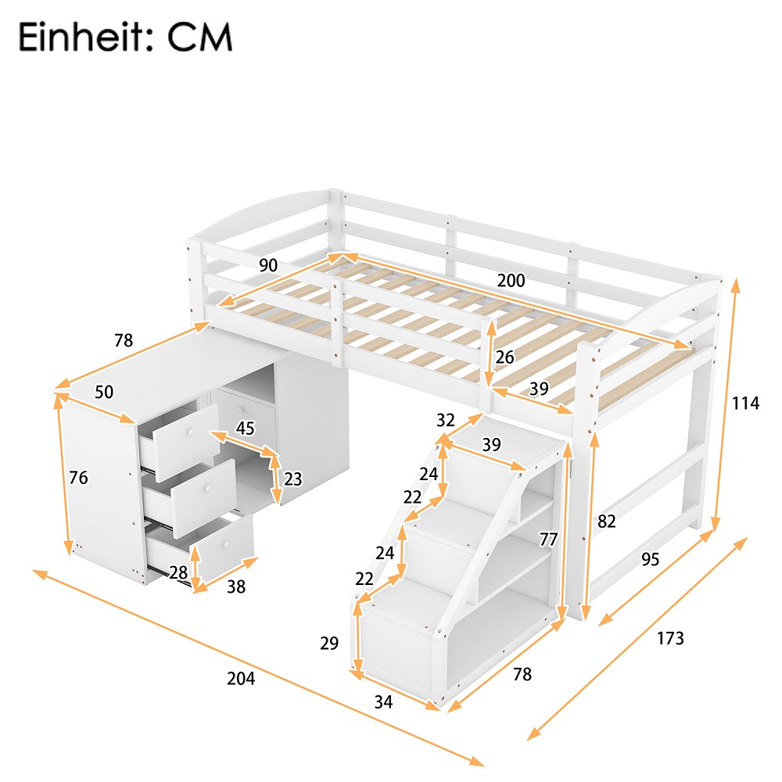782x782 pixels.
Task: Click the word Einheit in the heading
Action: [78, 37]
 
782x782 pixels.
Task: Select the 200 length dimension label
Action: [511, 281]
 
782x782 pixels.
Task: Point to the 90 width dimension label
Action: [268, 265]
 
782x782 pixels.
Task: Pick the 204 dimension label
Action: [241, 679]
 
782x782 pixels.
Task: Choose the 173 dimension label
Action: [670, 638]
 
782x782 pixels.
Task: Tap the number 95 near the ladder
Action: [651, 559]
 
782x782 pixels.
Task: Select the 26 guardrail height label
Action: [505, 357]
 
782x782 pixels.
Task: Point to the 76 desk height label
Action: [78, 478]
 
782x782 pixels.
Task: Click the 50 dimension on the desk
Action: [104, 392]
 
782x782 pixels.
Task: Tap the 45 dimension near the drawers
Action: [246, 428]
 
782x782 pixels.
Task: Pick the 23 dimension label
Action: [292, 479]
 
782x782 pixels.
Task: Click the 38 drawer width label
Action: [235, 586]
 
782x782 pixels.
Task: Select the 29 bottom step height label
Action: [329, 644]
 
